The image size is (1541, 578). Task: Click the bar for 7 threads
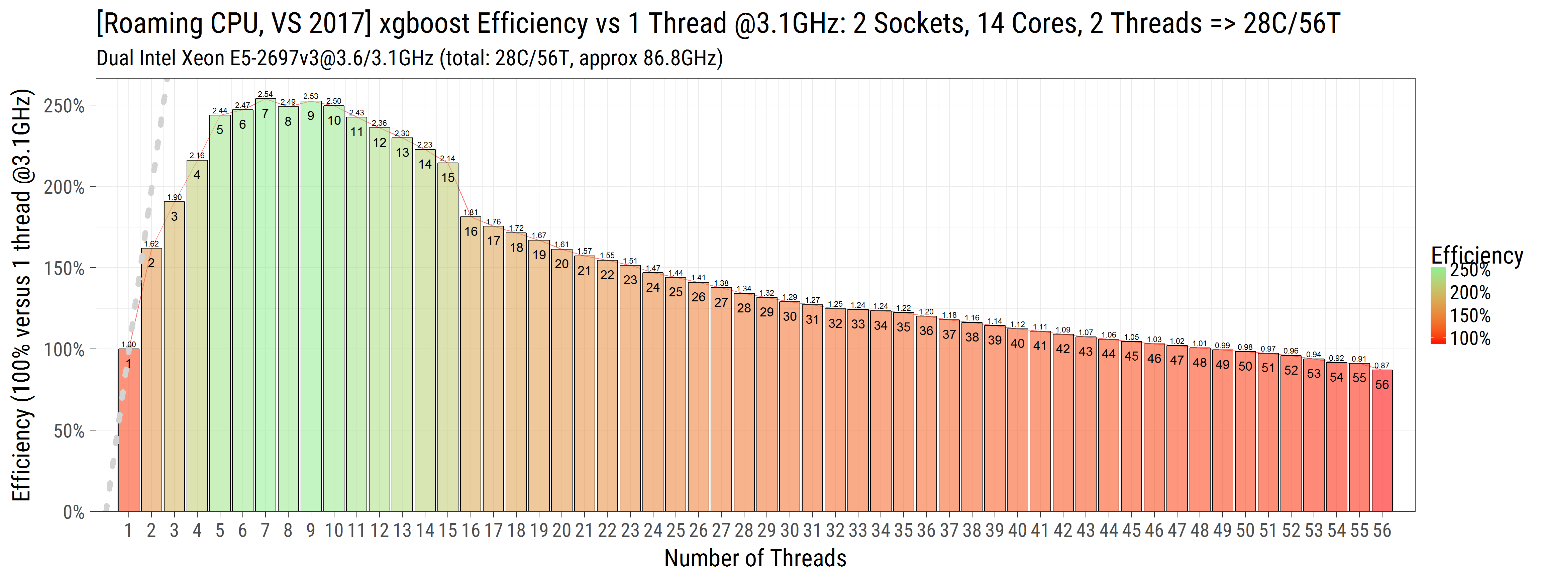[x=265, y=305]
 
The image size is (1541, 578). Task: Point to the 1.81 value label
[x=471, y=212]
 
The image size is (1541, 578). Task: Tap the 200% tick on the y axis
[x=64, y=187]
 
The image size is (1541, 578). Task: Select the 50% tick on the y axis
[x=69, y=431]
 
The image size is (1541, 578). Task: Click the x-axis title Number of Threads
[x=755, y=558]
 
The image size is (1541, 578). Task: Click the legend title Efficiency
[x=1476, y=256]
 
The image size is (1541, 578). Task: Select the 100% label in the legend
[x=1470, y=339]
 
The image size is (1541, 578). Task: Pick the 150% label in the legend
[x=1470, y=316]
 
